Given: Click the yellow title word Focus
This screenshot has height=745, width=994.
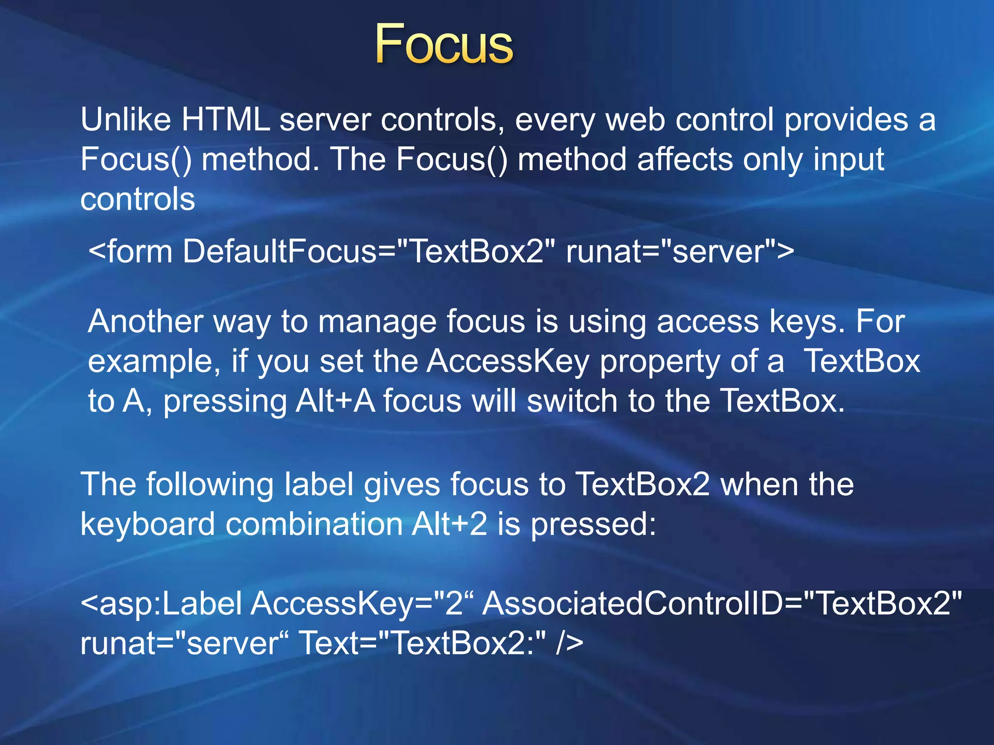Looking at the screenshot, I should click(444, 45).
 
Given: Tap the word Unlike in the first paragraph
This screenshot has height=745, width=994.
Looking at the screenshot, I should click(126, 119).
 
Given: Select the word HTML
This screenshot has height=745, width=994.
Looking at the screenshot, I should click(225, 119).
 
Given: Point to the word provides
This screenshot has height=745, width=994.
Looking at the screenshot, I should click(846, 120).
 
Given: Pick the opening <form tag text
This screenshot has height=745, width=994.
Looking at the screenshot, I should click(131, 252).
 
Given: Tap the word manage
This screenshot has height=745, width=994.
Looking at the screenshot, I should click(377, 323).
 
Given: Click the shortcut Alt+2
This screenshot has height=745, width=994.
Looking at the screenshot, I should click(449, 525).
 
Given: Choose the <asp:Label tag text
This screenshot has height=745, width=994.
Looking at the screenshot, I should click(161, 604).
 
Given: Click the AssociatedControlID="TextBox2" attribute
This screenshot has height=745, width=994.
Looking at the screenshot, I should click(722, 604).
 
